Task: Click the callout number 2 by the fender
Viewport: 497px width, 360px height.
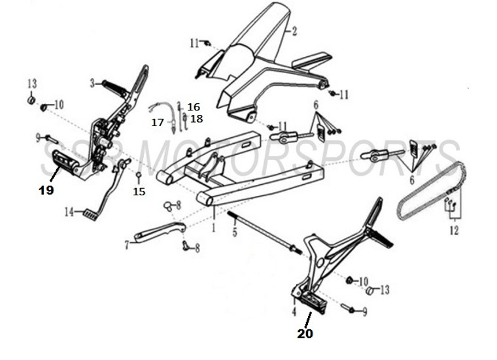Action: (x=294, y=31)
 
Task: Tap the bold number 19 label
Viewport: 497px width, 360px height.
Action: (x=46, y=190)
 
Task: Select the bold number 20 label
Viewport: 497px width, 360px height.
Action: (x=305, y=333)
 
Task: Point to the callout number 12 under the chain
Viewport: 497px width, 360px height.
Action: (x=454, y=231)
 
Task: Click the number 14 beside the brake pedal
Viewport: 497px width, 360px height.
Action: (x=69, y=211)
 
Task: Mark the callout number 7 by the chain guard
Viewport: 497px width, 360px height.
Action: (x=127, y=245)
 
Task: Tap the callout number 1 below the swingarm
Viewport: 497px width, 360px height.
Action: (x=213, y=229)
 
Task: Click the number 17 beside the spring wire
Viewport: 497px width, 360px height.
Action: (x=157, y=122)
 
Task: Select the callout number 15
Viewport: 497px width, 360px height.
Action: (x=139, y=191)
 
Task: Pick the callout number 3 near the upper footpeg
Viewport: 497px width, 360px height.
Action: (x=93, y=83)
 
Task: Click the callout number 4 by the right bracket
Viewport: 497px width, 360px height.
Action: (x=294, y=312)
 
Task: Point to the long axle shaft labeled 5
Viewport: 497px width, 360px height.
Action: (x=262, y=233)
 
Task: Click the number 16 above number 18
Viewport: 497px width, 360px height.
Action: (x=194, y=106)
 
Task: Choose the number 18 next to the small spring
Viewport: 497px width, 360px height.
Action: (x=197, y=119)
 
